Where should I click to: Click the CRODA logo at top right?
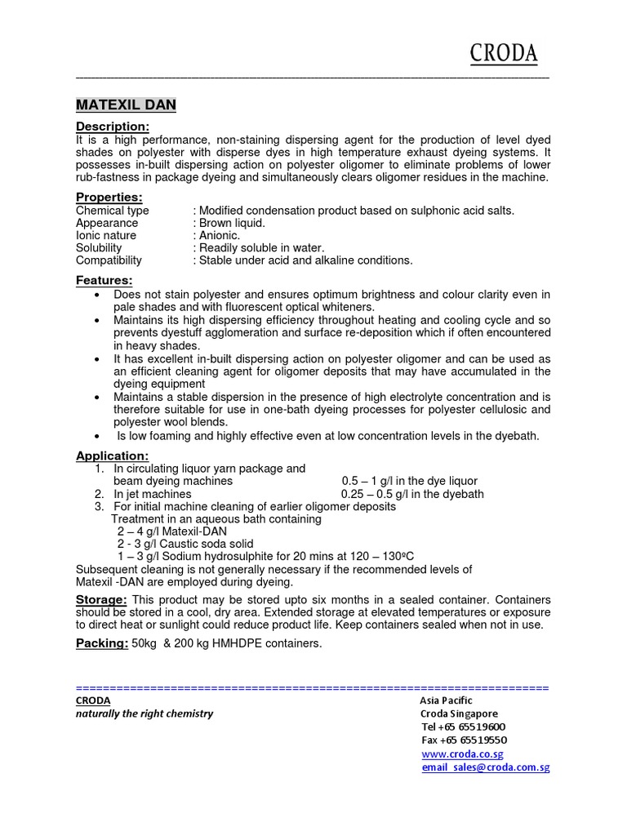click(503, 54)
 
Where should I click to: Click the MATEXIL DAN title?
click(126, 105)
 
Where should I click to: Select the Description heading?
click(113, 127)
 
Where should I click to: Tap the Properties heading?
click(109, 198)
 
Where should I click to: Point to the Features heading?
click(104, 281)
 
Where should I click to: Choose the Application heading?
click(113, 456)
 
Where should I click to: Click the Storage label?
click(101, 600)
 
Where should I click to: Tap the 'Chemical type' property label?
click(113, 211)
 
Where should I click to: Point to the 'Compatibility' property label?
click(109, 260)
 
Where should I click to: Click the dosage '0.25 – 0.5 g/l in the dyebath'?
click(412, 494)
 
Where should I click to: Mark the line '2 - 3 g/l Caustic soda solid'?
click(185, 544)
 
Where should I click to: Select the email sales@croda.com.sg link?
click(485, 768)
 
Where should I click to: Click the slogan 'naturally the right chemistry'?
click(145, 714)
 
